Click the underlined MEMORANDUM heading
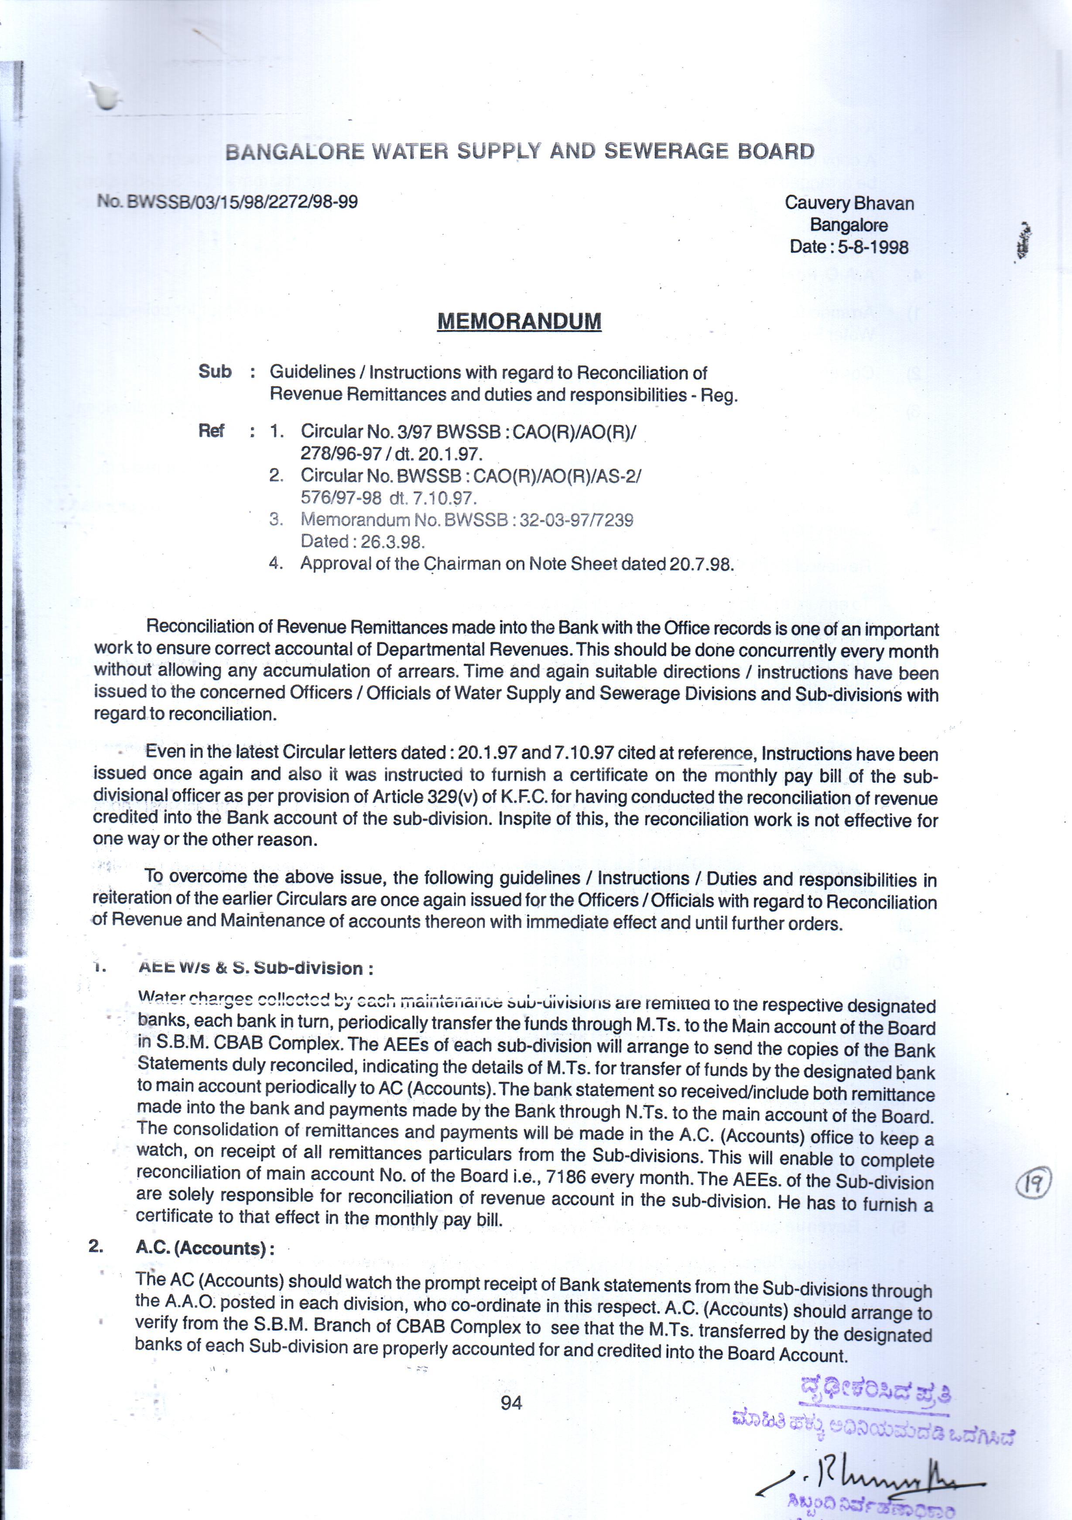[x=519, y=322]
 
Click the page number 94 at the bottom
[x=511, y=1403]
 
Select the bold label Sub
[x=215, y=371]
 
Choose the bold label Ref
[x=211, y=431]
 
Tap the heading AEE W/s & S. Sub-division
[x=255, y=968]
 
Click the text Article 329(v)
[x=424, y=796]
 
